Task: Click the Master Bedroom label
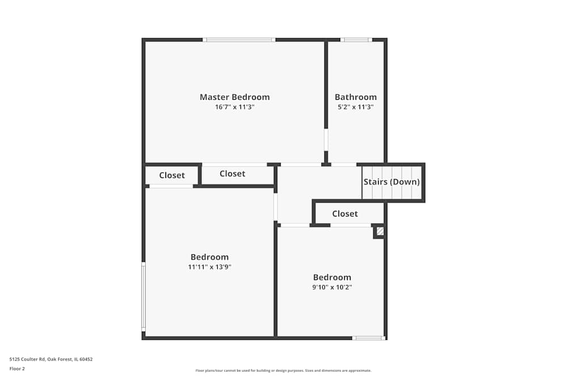(235, 97)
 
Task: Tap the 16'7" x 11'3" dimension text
(235, 107)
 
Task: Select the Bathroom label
(356, 97)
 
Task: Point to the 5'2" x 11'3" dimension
(356, 107)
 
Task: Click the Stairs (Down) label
(392, 182)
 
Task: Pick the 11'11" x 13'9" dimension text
(210, 267)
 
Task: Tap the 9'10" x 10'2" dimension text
(332, 287)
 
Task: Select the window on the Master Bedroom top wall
(239, 40)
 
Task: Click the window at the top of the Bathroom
(356, 40)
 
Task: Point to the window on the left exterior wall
(143, 296)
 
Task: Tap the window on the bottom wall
(368, 338)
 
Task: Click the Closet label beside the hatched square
(345, 214)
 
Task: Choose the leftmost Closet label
(172, 175)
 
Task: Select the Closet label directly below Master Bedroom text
(232, 173)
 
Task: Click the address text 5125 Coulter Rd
(51, 359)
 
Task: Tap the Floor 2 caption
(17, 368)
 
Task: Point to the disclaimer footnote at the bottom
(283, 370)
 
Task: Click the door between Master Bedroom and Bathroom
(326, 139)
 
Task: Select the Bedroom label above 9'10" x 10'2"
(332, 277)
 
